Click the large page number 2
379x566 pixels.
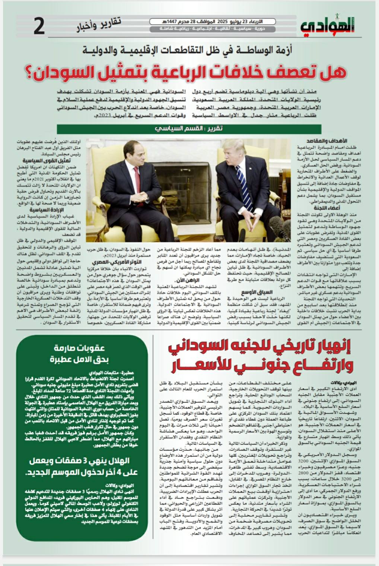[39, 26]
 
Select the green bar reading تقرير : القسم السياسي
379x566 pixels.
[189, 129]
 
